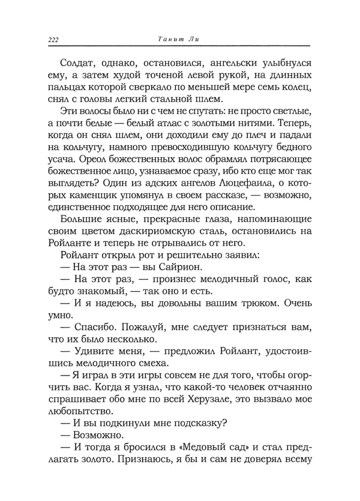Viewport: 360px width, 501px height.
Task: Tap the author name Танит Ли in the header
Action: (x=179, y=40)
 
